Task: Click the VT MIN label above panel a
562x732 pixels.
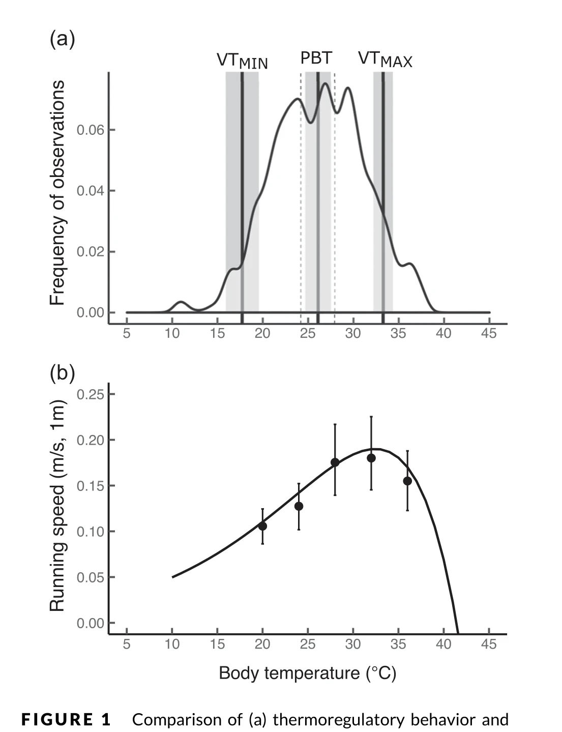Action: coord(242,61)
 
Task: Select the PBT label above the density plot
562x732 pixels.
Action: coord(316,58)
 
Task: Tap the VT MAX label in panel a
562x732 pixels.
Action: coord(385,61)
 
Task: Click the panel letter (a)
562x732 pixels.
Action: coord(62,39)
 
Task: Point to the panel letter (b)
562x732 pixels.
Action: coord(62,373)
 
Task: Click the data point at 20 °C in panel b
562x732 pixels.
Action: coord(262,526)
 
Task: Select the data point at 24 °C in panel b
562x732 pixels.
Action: coord(299,506)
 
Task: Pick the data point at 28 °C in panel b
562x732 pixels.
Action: coord(335,462)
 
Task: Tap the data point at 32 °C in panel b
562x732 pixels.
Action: coord(371,458)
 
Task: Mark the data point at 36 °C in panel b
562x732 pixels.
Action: coord(407,481)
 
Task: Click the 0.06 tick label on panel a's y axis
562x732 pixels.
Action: coord(91,130)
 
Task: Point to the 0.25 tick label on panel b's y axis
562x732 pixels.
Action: coord(91,394)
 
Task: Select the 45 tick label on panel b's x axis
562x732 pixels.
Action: coord(489,644)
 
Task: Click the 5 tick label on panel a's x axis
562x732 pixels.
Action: coord(127,334)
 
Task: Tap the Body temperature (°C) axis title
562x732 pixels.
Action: coord(307,674)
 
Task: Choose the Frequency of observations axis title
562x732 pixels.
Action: coord(57,193)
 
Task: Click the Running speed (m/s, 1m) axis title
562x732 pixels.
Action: coord(57,505)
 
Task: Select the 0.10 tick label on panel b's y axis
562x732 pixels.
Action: coord(91,532)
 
